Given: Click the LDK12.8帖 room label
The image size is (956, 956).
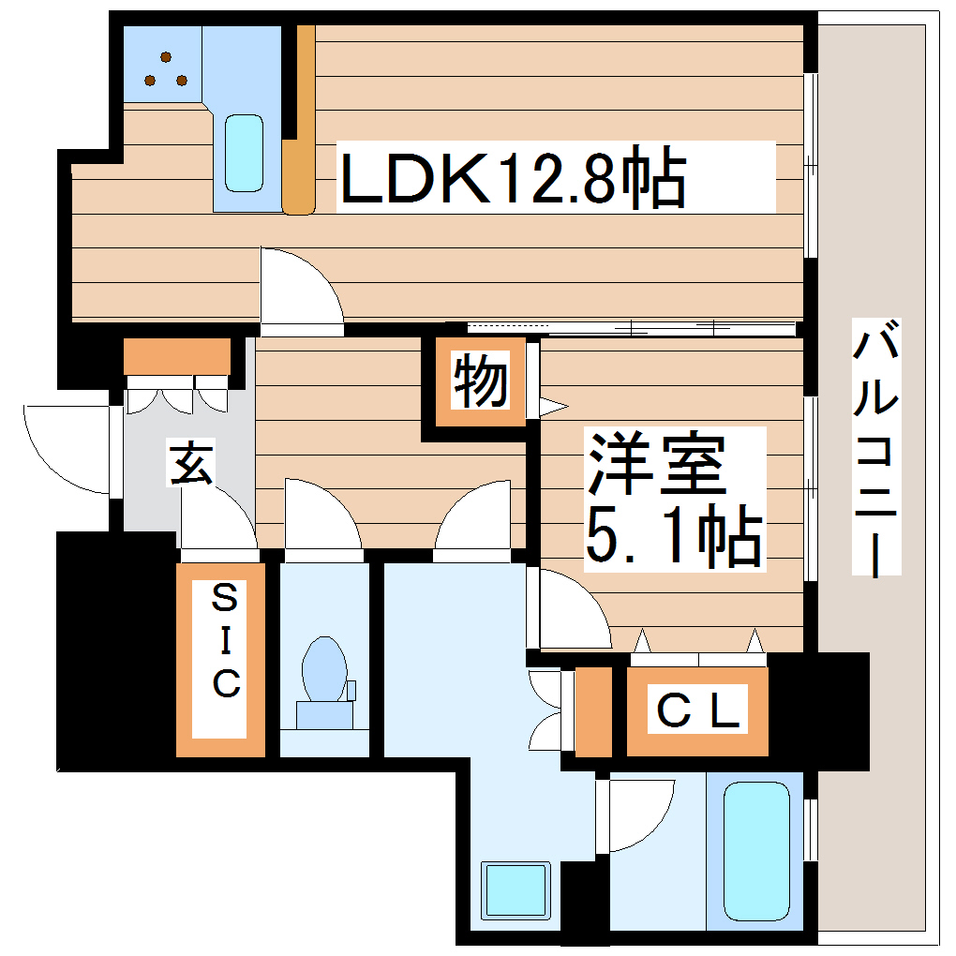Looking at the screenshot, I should coord(511,176).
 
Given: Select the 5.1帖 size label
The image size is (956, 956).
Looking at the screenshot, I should coord(671,537).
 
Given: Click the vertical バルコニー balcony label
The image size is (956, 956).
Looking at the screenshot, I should coord(876,447).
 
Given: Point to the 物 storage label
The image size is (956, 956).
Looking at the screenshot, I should coord(481,382).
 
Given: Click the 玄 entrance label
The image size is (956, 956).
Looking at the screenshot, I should coord(191,464).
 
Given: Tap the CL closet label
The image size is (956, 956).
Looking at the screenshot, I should coord(698,710).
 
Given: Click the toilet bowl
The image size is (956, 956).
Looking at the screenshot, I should coord(324,669).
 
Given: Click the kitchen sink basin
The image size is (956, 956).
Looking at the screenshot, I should coord(245,153).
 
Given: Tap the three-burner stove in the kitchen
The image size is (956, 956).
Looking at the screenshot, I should coord(164,68).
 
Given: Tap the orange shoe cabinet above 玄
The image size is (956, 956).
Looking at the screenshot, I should coord(177,356).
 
